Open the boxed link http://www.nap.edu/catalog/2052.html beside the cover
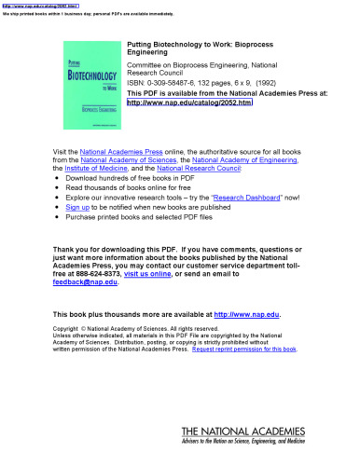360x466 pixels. [x=189, y=104]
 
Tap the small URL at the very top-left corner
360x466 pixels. [x=27, y=4]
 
